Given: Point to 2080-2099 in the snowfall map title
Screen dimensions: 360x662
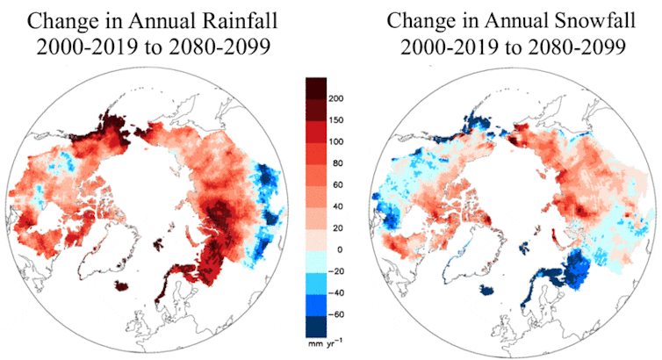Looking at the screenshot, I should (x=580, y=46).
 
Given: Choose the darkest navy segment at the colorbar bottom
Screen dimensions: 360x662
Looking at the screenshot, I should (x=316, y=325).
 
